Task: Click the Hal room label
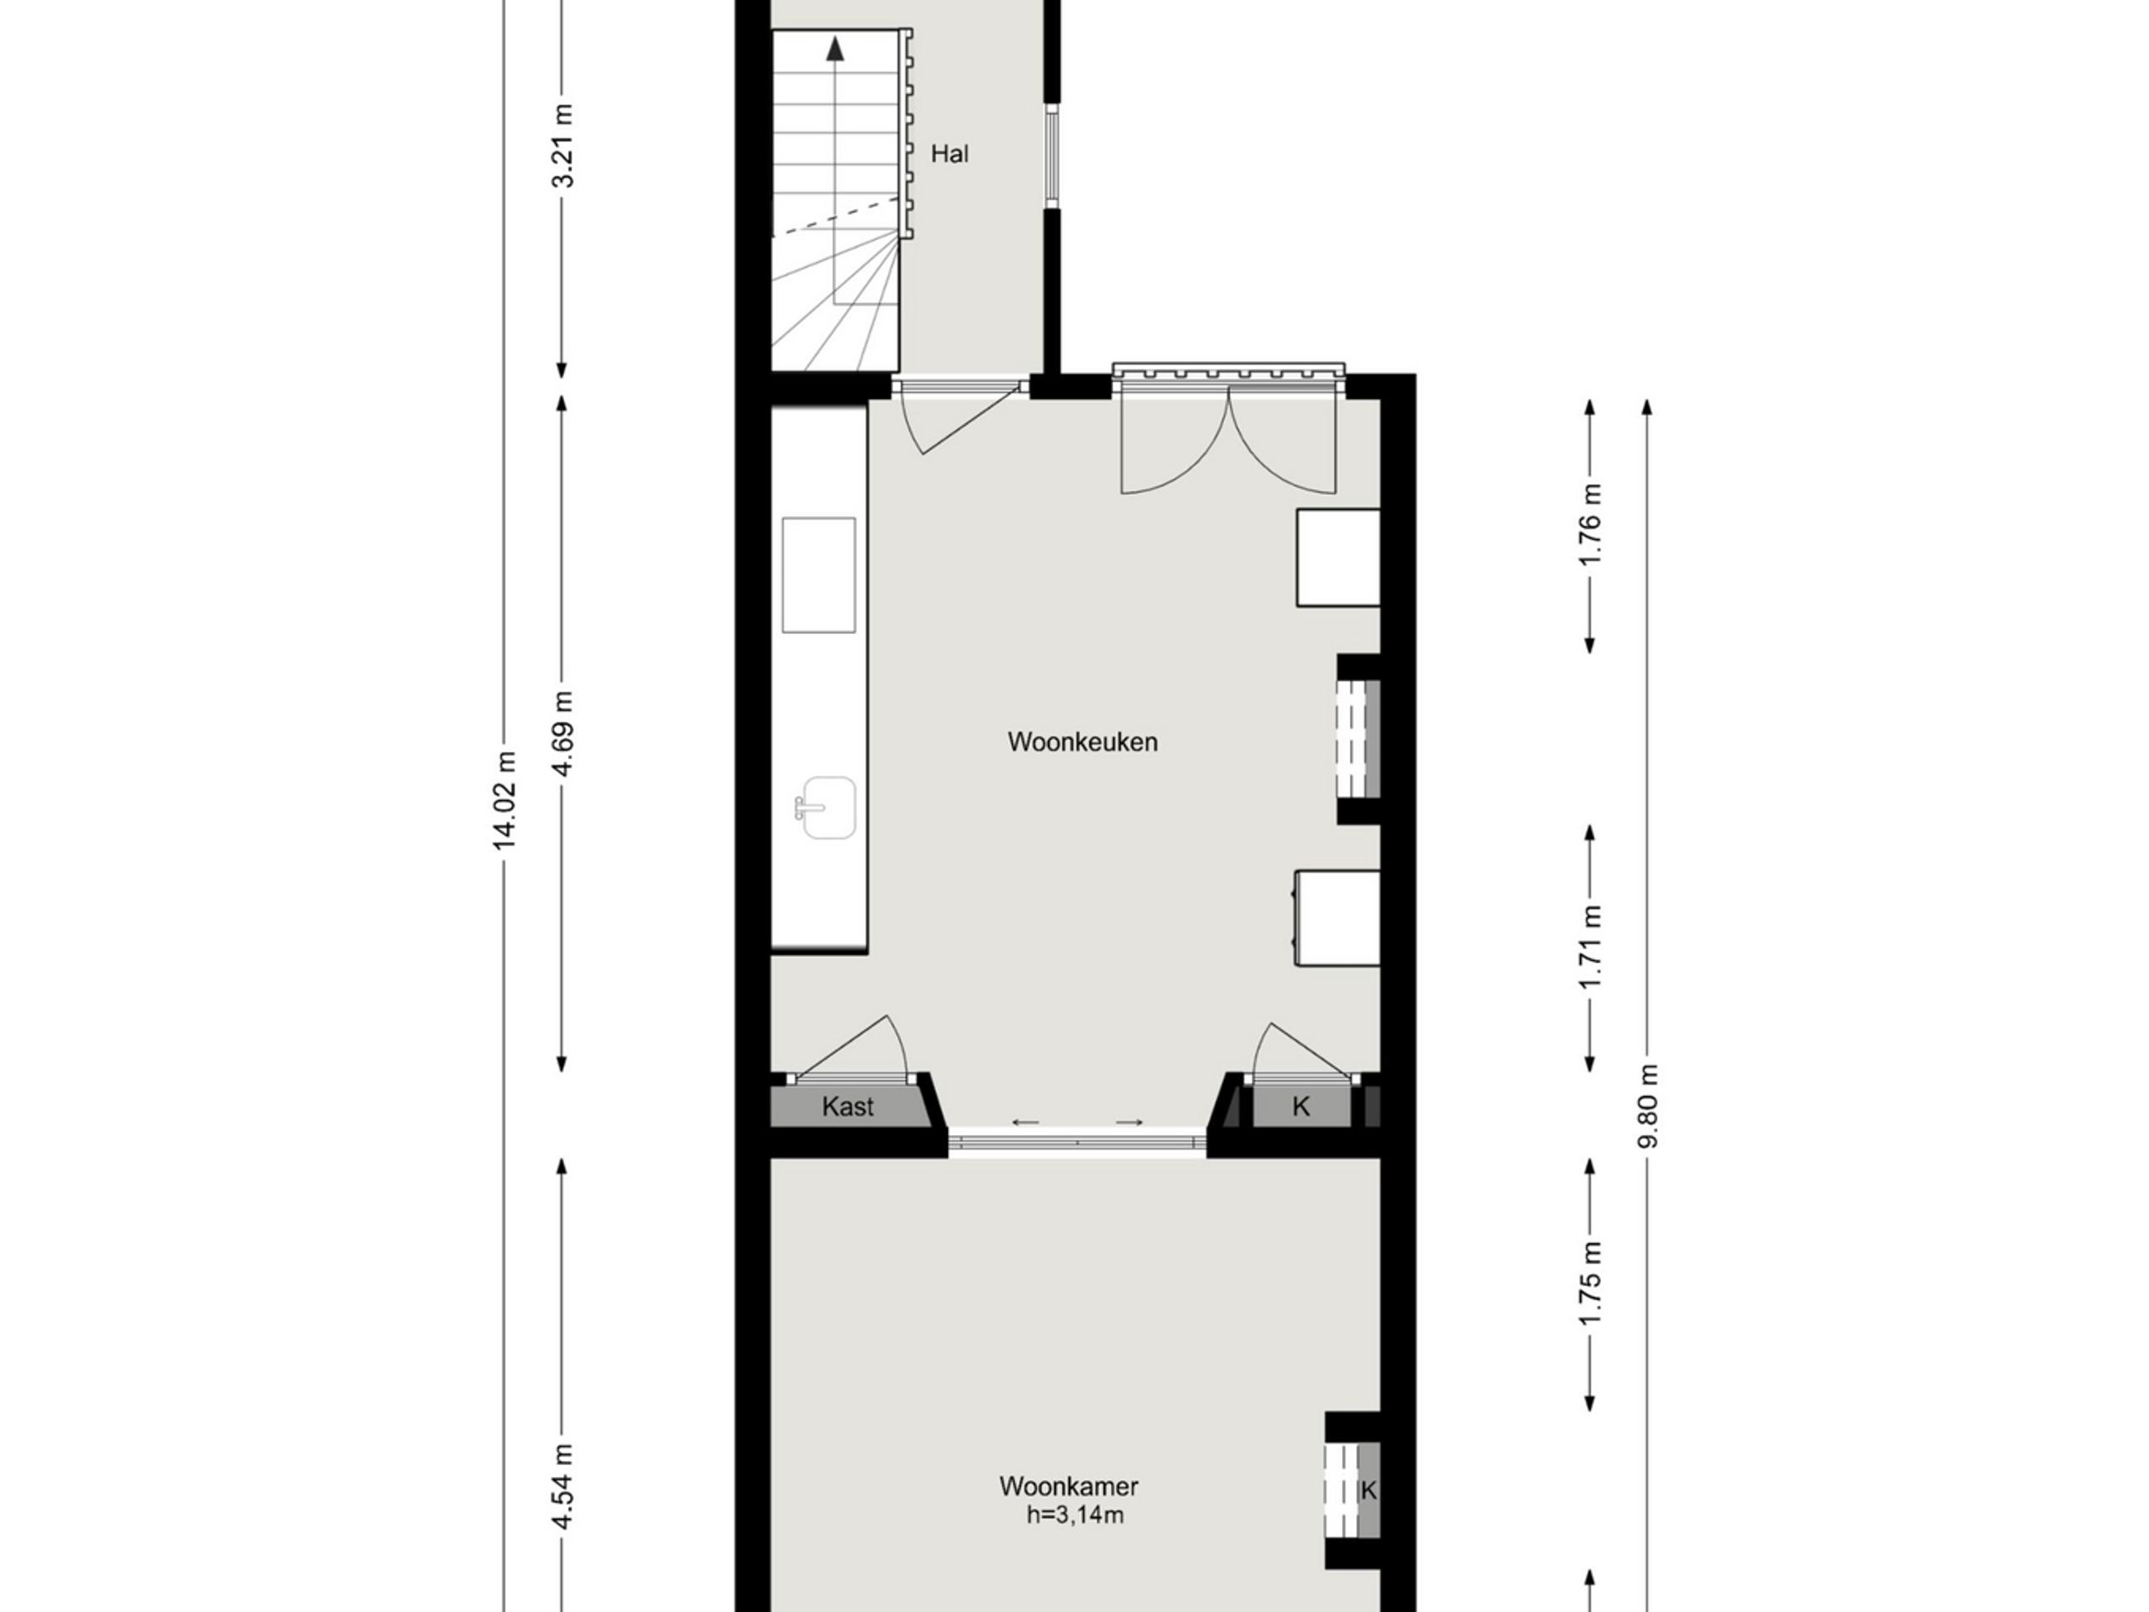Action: pos(949,154)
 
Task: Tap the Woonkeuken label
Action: pos(1082,742)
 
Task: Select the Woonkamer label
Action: pos(1069,1487)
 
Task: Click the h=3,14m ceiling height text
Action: pos(1075,1515)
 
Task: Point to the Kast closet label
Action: pos(847,1106)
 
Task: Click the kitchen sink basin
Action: pos(826,808)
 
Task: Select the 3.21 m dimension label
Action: pos(562,146)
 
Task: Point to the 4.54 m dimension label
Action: pos(562,1487)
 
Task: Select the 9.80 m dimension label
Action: pos(1647,1106)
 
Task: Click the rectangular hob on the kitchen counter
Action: pos(819,575)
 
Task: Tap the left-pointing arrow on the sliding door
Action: pos(1026,1123)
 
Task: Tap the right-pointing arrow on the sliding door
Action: pos(1129,1123)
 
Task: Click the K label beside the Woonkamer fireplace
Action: pos(1369,1489)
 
